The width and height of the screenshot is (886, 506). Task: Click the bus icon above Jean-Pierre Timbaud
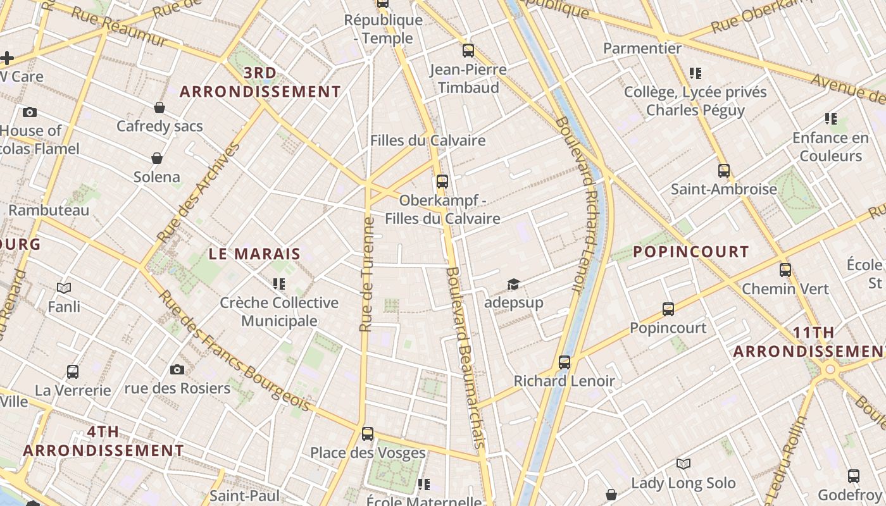click(468, 51)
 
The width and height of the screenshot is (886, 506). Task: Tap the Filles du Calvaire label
click(428, 140)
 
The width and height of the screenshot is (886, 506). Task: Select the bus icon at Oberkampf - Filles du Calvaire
click(442, 182)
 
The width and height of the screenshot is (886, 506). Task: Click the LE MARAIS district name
click(254, 254)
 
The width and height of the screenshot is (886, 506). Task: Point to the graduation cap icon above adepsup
click(513, 285)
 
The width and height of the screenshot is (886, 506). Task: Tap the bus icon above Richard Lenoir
click(565, 362)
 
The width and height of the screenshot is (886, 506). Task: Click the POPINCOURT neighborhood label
click(691, 252)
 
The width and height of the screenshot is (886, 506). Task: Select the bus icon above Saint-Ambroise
click(724, 171)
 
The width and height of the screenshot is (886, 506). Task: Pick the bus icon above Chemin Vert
click(785, 270)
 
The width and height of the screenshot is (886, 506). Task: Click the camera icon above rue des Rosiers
click(177, 369)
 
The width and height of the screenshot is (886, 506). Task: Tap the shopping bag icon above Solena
click(157, 158)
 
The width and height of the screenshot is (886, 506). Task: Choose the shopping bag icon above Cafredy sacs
click(159, 108)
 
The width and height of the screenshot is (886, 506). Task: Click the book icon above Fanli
click(64, 288)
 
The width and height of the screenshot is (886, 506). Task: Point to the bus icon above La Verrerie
click(73, 372)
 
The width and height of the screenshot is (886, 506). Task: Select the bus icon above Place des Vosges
click(368, 434)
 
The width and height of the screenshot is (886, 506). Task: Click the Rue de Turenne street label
click(366, 275)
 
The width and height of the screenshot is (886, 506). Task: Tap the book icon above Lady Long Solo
click(683, 464)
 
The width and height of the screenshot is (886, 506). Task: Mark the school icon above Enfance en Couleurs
click(831, 119)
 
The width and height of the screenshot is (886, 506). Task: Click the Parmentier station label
click(642, 48)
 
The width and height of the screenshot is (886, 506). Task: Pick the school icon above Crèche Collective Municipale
click(279, 284)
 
